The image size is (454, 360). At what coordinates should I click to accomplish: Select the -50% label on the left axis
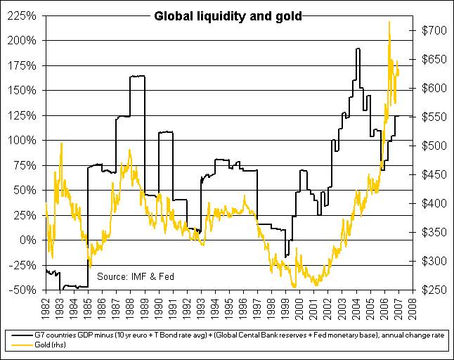click(x=23, y=290)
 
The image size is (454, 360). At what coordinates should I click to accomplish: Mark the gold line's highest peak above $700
click(x=389, y=22)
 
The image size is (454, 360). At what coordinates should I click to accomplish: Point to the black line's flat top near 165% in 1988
click(x=137, y=76)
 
